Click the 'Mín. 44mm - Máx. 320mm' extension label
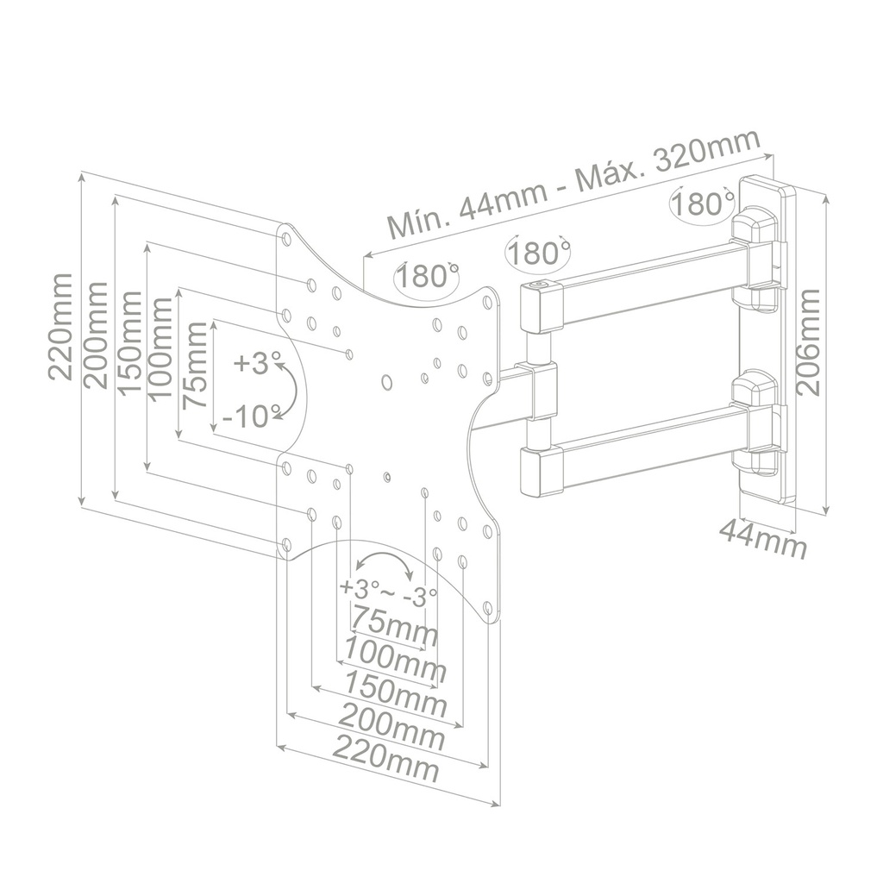(x=573, y=185)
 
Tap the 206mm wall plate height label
(x=810, y=342)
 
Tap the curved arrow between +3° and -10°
(x=291, y=391)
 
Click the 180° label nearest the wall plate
(x=701, y=204)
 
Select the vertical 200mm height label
(x=96, y=335)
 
